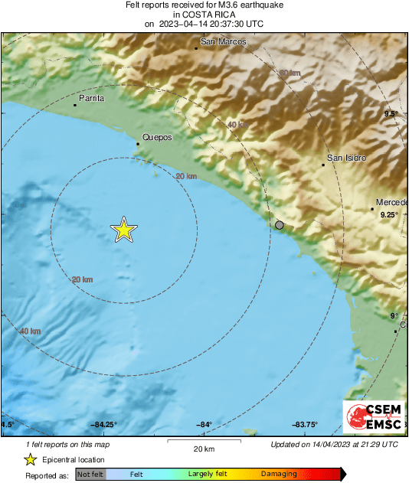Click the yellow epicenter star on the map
tap(123, 230)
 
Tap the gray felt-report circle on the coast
tap(280, 225)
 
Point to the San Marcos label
tap(223, 42)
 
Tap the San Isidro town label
tap(346, 158)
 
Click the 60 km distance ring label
tap(289, 73)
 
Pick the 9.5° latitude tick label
tap(391, 114)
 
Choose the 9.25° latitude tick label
tap(390, 215)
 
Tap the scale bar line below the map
tap(204, 441)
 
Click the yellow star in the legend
tap(30, 459)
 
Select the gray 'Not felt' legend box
tap(90, 474)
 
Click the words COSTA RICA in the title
tap(204, 14)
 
